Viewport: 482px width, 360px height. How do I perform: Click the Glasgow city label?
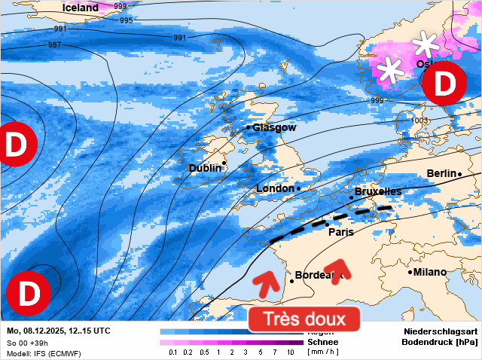click(275, 127)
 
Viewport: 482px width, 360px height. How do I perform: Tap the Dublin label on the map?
click(206, 168)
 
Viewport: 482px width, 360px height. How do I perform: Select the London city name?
click(275, 188)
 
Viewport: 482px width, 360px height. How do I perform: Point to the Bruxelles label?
click(377, 192)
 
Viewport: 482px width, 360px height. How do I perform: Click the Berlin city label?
click(441, 173)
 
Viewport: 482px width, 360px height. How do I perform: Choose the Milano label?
click(430, 272)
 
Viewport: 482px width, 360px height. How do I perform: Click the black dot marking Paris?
click(327, 224)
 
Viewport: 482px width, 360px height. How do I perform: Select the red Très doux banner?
click(305, 319)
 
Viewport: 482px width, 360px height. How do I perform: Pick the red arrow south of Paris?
click(337, 267)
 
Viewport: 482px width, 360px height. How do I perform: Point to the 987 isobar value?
click(55, 45)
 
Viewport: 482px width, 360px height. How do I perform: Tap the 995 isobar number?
click(127, 20)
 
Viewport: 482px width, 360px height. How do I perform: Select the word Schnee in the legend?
click(322, 342)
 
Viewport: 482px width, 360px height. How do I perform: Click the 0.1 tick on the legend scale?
click(173, 352)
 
